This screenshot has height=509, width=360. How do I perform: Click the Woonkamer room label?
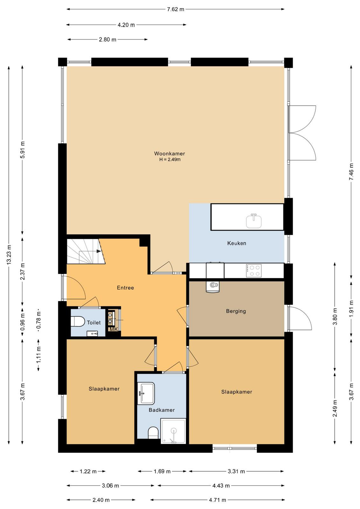(170, 153)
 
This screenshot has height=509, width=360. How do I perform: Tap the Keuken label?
(237, 243)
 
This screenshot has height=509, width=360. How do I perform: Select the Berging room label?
(236, 311)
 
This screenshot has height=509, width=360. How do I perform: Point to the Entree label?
(125, 288)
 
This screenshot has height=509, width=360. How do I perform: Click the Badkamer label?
(162, 410)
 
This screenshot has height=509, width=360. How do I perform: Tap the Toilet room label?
(94, 323)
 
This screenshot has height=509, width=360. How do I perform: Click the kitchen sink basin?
(254, 221)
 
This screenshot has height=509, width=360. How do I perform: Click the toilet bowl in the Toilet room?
(76, 321)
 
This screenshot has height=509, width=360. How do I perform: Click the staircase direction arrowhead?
(99, 251)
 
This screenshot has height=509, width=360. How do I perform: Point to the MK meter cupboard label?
(114, 329)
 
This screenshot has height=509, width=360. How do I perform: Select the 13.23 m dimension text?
(9, 254)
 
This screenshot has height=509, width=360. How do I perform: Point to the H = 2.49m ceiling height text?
(170, 159)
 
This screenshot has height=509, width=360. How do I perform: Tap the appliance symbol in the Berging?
(213, 287)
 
